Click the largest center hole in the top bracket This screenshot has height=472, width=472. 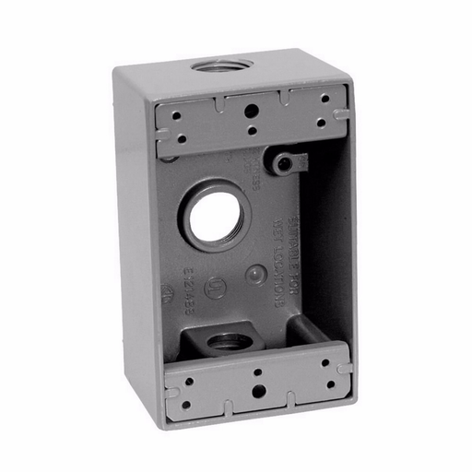point(251,109)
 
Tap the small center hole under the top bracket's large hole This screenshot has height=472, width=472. point(251,130)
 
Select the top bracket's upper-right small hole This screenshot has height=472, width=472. point(324,100)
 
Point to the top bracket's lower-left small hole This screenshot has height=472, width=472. point(181,140)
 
